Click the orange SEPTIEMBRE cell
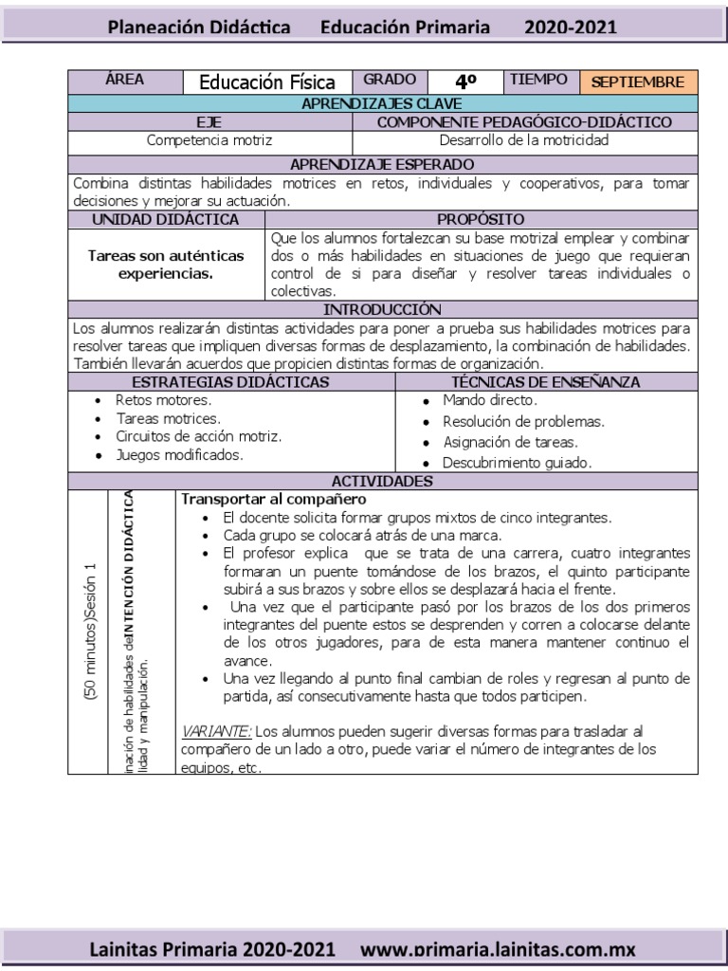tap(637, 82)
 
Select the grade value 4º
tap(464, 82)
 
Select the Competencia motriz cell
tap(209, 139)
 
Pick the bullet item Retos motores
tap(164, 400)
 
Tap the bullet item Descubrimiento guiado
tap(518, 464)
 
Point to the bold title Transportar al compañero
tap(273, 499)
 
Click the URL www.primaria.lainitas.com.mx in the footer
tap(499, 948)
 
